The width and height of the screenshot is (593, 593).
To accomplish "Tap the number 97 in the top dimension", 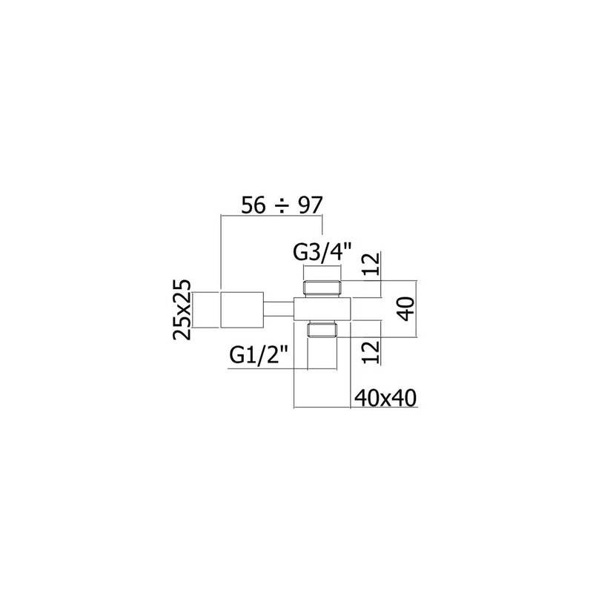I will (310, 205).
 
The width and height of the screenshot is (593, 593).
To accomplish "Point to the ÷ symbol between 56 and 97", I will (282, 206).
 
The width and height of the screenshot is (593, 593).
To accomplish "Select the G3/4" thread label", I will (322, 252).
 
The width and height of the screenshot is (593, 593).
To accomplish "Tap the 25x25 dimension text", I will (182, 310).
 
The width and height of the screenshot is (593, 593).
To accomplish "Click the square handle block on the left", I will (242, 309).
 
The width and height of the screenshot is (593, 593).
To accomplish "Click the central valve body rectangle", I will (322, 309).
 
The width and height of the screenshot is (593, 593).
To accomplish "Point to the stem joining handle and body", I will (279, 309).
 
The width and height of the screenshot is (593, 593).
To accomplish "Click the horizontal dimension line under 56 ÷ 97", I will (272, 216).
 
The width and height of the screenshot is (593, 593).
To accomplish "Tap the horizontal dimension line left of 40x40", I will (322, 407).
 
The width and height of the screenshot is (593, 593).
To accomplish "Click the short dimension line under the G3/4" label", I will (322, 265).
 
